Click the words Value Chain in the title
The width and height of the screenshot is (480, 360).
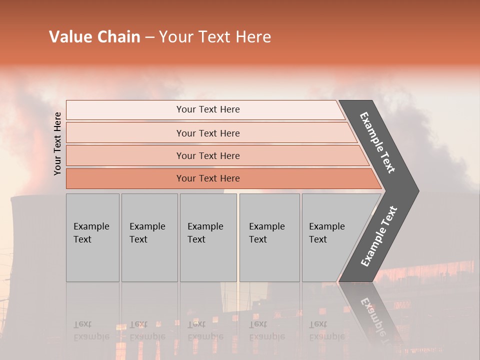(x=94, y=37)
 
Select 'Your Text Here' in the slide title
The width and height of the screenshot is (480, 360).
(x=215, y=37)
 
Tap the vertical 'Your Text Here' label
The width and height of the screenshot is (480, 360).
(x=57, y=143)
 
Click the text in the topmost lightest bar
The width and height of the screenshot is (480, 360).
(x=208, y=109)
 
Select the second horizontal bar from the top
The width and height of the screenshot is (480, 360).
(x=208, y=133)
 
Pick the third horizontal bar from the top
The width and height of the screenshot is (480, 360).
(x=208, y=155)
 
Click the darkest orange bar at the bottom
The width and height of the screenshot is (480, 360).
(x=208, y=178)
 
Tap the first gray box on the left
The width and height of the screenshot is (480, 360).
(x=92, y=237)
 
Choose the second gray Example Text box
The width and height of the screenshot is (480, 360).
(x=149, y=237)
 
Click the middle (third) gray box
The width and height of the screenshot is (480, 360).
(x=208, y=237)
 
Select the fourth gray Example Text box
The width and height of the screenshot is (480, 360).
(x=269, y=237)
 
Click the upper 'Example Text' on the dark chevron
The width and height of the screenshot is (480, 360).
(x=377, y=142)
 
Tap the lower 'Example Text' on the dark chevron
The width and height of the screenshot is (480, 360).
(x=379, y=236)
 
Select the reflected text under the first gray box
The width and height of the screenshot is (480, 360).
(x=91, y=330)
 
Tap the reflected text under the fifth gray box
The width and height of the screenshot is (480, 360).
(x=326, y=330)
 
